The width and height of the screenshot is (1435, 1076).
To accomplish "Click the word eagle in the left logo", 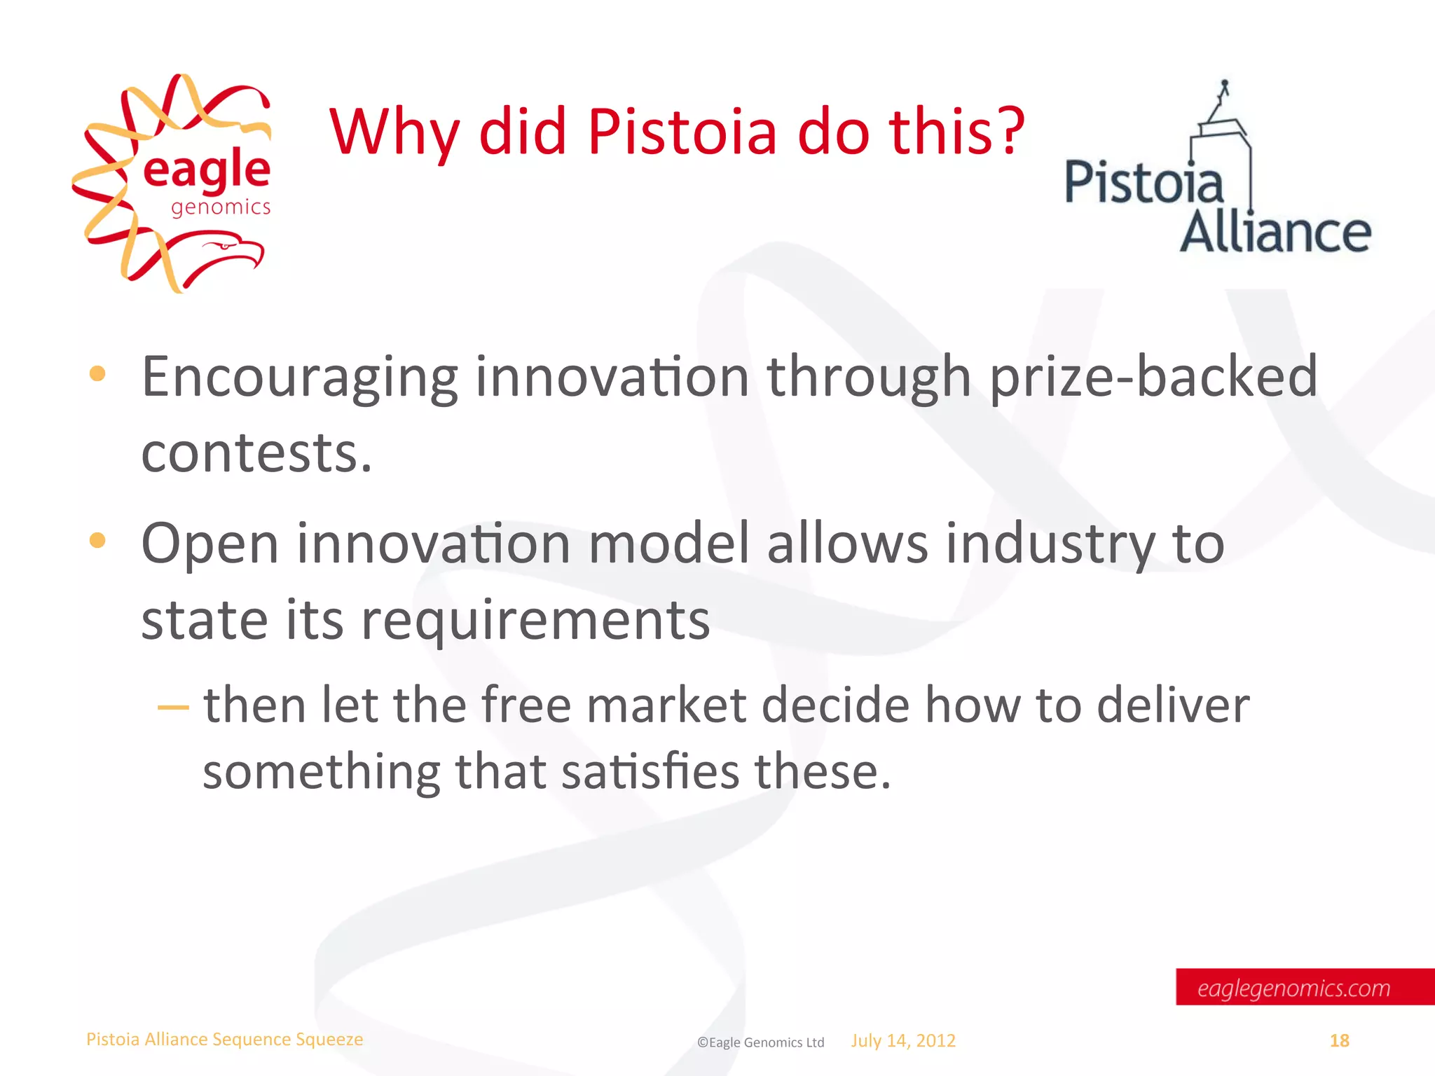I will pos(207,170).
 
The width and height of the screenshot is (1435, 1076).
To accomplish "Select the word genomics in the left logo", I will pos(221,207).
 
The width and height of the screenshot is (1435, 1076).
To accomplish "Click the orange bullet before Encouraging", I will pos(97,374).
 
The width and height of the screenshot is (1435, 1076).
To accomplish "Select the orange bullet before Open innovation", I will pos(97,540).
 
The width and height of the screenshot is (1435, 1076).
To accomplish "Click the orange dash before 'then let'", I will pos(173,708).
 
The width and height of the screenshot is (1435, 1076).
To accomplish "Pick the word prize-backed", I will pos(1153,377).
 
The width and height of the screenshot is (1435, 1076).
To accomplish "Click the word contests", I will pos(256,453).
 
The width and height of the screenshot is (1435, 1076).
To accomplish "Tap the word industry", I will pos(1051,544).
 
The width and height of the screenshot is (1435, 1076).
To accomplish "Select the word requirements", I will pos(535,621).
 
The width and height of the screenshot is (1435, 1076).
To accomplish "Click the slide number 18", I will pos(1339,1040).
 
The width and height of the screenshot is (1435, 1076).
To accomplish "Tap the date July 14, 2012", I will pos(903,1040).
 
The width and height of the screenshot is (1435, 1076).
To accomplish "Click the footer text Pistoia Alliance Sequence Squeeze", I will pos(224,1039).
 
